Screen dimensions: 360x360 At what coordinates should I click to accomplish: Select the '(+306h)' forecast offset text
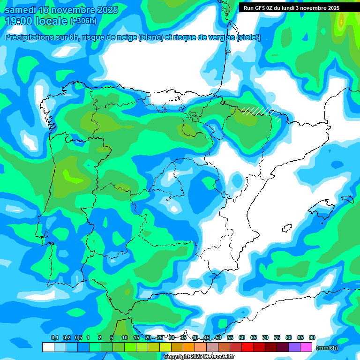pos(83,21)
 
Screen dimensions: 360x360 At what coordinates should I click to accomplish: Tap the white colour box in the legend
pos(48,347)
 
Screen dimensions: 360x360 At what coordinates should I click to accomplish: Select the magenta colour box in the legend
pos(306,347)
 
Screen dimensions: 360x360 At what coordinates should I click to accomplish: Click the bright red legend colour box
pos(247,347)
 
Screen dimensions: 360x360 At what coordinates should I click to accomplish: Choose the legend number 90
pos(312,337)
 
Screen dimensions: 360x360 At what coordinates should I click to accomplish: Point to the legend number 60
pos(241,337)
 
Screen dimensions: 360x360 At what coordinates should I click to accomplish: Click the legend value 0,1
pos(54,337)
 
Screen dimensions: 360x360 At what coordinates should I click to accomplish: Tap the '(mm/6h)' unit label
pos(327,348)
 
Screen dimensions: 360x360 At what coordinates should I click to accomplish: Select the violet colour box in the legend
pos(294,347)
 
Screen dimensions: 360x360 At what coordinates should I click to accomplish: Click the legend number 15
pos(136,337)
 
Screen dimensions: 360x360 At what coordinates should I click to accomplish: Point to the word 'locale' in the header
pos(52,21)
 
